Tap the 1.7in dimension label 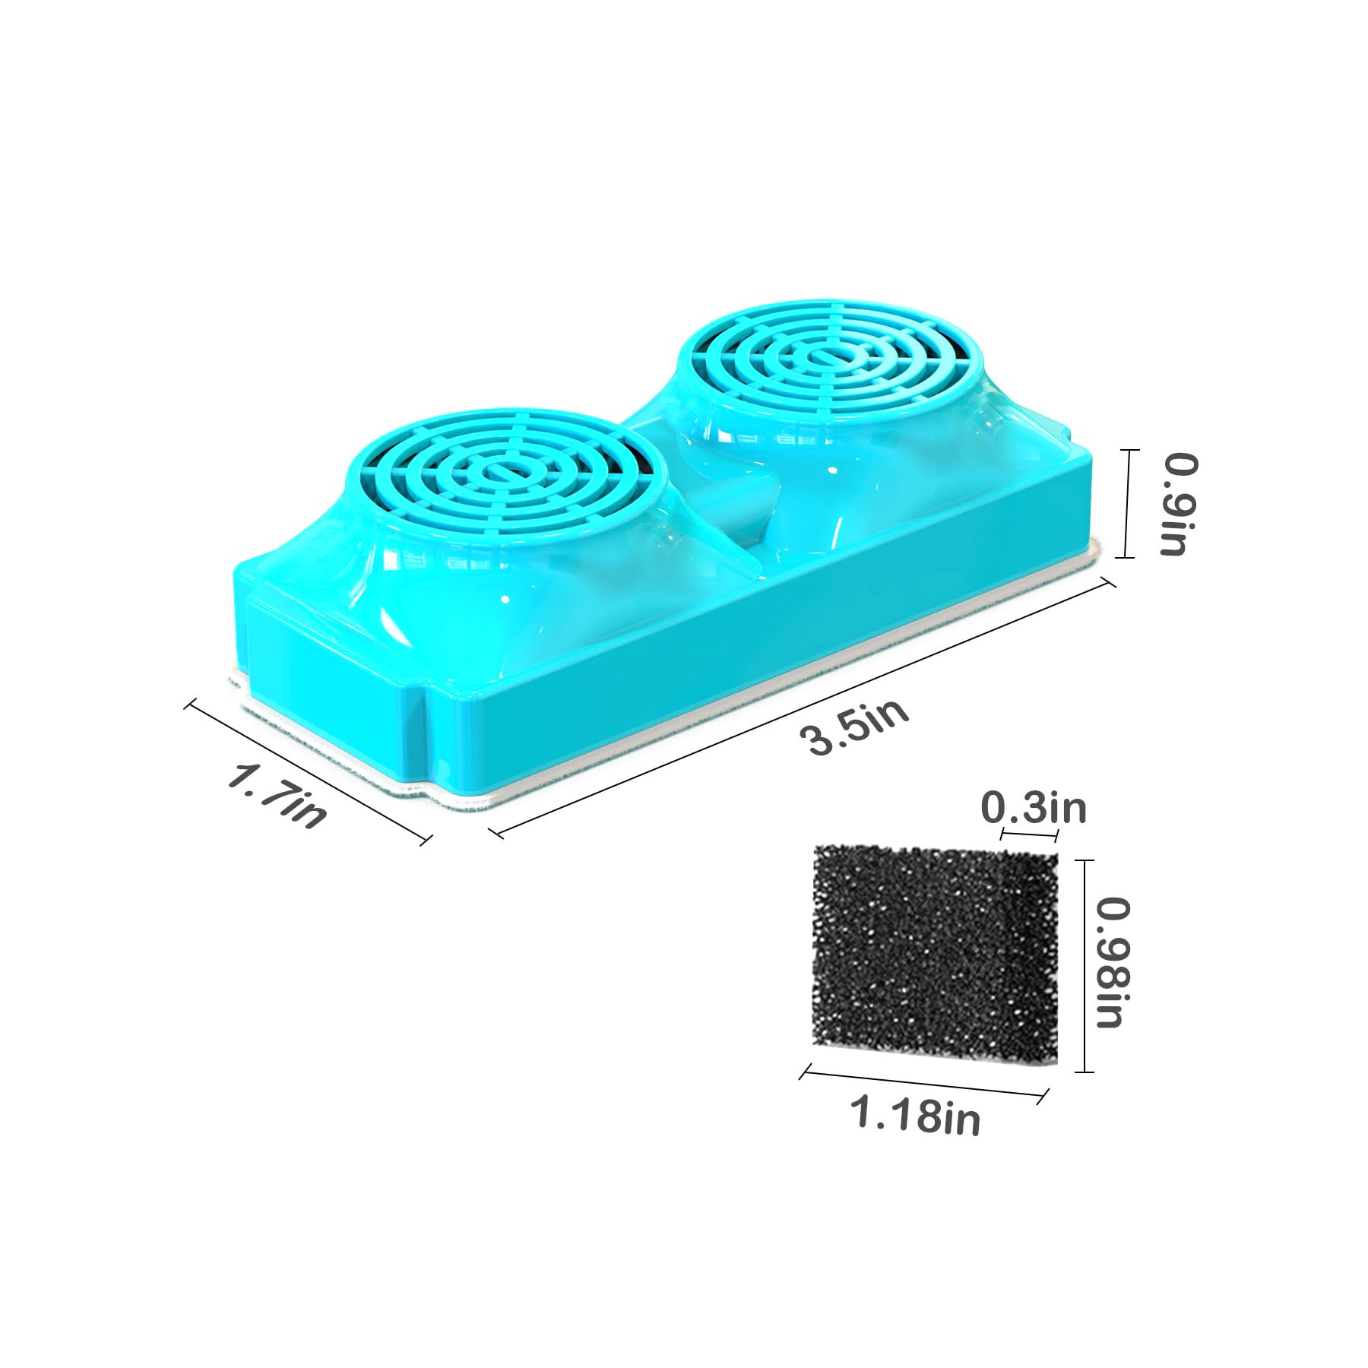click(x=278, y=796)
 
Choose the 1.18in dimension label click(x=915, y=1116)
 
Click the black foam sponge click(x=935, y=958)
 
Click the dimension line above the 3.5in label click(x=806, y=708)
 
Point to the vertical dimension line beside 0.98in click(x=1083, y=965)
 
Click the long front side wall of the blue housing click(x=760, y=631)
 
